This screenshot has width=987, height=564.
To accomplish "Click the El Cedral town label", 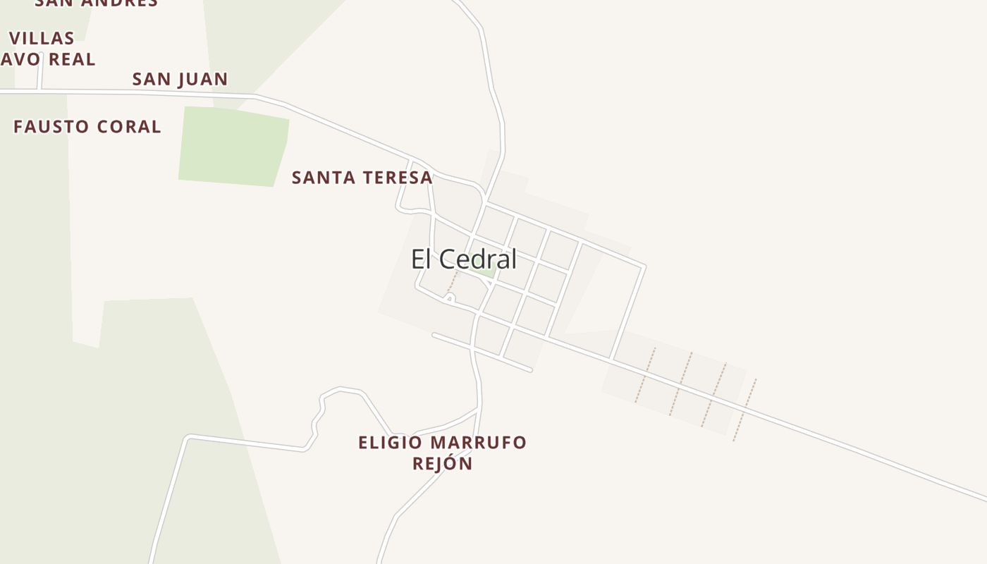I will pos(464,259).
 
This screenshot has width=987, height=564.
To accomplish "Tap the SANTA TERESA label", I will pos(362,178).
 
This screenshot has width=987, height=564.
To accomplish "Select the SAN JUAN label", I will pos(180,79).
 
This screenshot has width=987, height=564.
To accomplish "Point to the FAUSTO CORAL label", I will pos(87,127).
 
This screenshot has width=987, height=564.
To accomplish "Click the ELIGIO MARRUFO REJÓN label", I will pos(442,453).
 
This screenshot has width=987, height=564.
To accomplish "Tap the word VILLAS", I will pos(42,38).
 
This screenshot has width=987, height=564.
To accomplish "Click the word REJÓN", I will pos(442,463).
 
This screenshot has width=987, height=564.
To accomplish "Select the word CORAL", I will pos(129,127).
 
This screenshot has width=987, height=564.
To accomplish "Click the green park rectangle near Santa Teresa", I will pos(233,147).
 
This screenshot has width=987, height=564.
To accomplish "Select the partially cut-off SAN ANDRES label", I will pos(97,3).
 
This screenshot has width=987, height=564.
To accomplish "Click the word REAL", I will pos(72,60).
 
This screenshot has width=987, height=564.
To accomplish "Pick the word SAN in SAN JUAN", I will pos(151,79).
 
